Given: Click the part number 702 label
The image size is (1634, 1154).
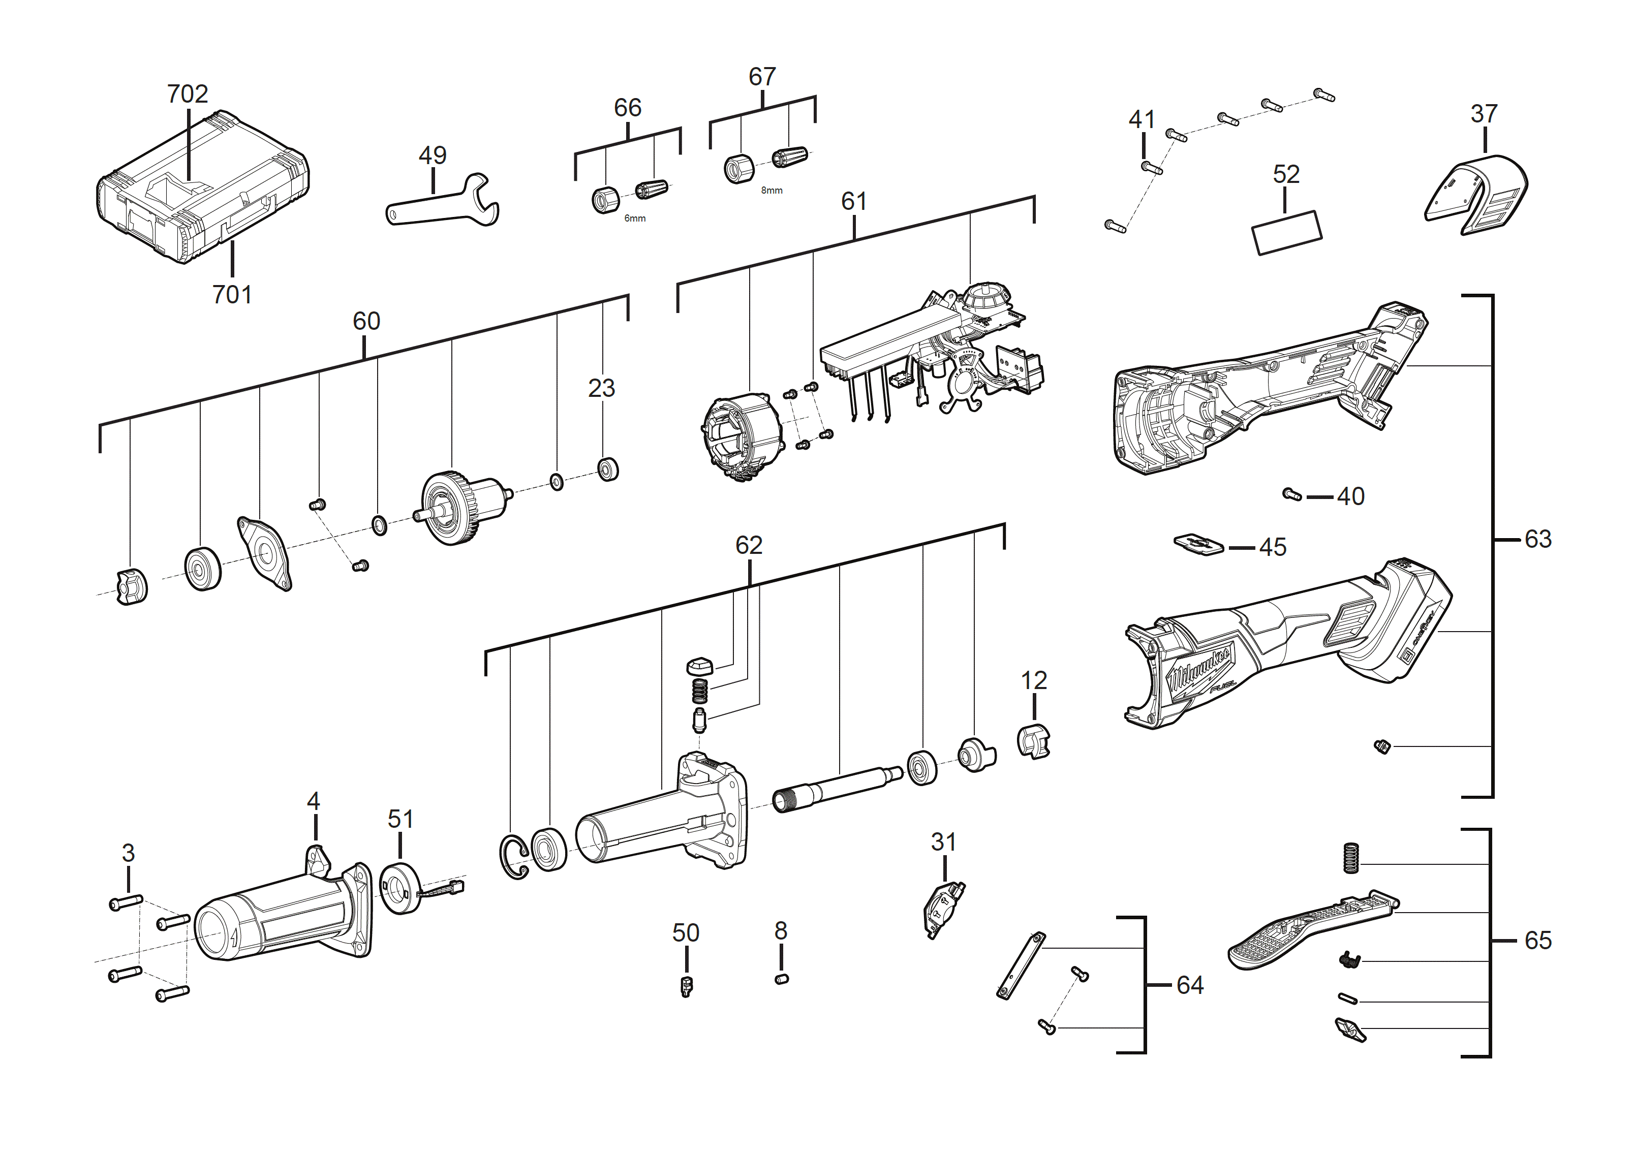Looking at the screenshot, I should [187, 94].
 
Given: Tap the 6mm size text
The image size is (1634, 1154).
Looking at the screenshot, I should [635, 219].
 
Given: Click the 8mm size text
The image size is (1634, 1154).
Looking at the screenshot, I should [772, 191].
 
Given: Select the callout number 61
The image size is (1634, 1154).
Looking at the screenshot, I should [853, 201].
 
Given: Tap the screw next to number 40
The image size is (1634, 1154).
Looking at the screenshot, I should [1291, 494].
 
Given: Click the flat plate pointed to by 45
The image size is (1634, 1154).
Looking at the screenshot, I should [1198, 545].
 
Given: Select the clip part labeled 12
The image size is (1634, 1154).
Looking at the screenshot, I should [1033, 741].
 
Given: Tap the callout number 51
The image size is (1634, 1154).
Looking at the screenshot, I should [400, 819].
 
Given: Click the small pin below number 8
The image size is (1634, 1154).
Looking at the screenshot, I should [781, 980].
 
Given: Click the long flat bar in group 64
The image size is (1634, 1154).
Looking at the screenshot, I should [1021, 966].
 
